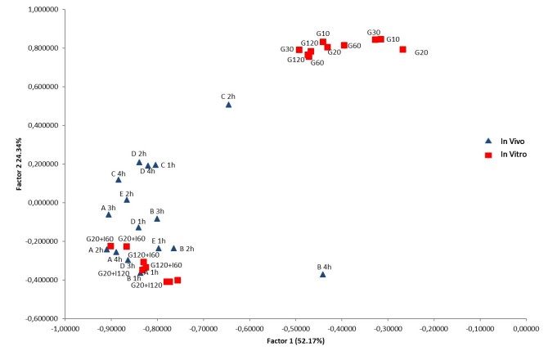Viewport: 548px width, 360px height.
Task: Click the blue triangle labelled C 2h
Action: tap(229, 105)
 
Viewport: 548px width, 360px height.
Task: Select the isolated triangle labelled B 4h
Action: tap(323, 274)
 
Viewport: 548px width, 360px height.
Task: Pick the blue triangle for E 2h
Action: tap(127, 200)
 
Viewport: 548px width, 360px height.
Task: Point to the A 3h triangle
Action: tap(109, 214)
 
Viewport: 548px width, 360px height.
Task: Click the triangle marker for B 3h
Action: tap(157, 218)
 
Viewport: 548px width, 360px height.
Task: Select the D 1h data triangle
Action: tap(138, 227)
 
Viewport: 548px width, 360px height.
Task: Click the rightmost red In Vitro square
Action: tap(402, 49)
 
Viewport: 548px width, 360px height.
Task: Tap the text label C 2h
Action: tap(227, 97)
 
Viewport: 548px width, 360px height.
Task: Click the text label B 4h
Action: tap(324, 267)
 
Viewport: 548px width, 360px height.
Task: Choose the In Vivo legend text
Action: tap(512, 142)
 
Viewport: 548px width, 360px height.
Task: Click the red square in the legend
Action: tap(488, 155)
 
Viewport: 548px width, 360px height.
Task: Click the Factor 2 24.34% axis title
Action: tap(18, 164)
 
